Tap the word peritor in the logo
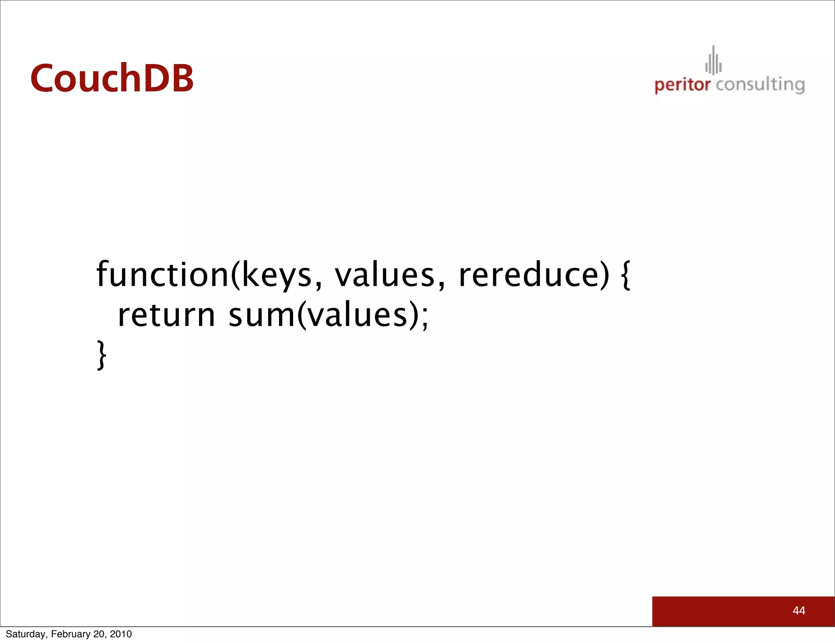tap(682, 85)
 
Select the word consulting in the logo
tap(760, 85)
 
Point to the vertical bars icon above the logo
tap(714, 61)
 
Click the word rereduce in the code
tap(529, 275)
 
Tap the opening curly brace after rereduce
tap(626, 275)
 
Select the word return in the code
tap(166, 315)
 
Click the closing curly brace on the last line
tap(102, 355)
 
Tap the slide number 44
tap(799, 610)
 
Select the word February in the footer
tap(71, 634)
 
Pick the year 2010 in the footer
tap(121, 634)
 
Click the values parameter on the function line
tap(385, 275)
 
